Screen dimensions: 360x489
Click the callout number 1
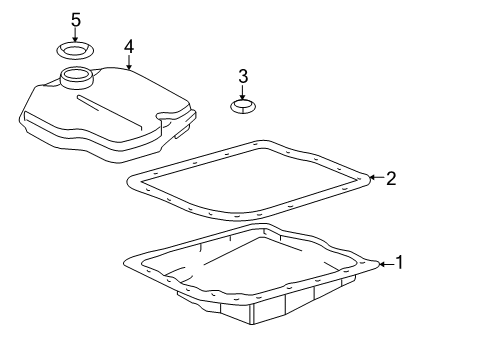click(x=399, y=263)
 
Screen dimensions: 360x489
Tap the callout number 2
click(x=391, y=178)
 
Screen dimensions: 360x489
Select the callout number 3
click(x=242, y=77)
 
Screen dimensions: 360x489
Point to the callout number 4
click(x=129, y=46)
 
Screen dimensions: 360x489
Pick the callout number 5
click(x=75, y=20)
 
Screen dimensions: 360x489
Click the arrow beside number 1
click(x=385, y=264)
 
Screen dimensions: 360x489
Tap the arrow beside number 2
click(x=376, y=178)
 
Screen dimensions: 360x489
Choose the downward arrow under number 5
click(x=75, y=35)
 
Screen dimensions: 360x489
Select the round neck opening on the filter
click(x=75, y=77)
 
